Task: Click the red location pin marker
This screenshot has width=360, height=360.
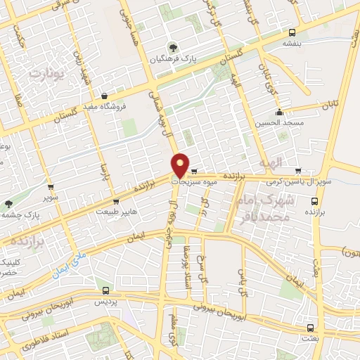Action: (181, 164)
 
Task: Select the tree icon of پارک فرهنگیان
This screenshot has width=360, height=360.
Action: (171, 49)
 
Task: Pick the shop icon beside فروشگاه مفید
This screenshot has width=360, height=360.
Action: (104, 96)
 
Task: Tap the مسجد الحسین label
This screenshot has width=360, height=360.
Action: (280, 122)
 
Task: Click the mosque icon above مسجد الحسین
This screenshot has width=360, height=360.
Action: (280, 111)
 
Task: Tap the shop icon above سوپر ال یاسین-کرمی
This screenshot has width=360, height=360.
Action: (299, 170)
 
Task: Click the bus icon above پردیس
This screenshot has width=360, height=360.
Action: (105, 290)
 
